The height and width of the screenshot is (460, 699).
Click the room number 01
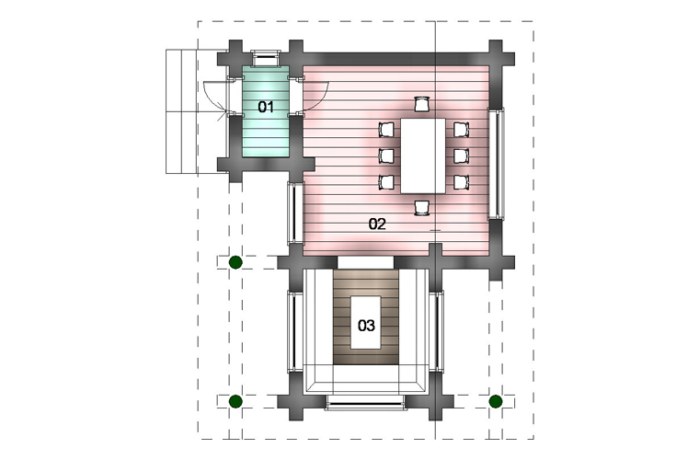click(266, 107)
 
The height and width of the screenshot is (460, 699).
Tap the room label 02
click(377, 224)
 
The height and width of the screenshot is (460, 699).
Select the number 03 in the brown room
click(366, 326)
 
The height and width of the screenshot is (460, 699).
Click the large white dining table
click(422, 155)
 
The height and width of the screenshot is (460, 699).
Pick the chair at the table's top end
click(421, 104)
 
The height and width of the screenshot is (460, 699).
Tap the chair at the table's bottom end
click(421, 208)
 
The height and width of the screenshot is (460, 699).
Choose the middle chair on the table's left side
click(386, 155)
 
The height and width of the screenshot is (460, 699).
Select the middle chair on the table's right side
click(461, 155)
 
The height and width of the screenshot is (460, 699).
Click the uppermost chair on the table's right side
click(461, 130)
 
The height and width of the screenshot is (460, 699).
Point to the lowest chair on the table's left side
click(386, 182)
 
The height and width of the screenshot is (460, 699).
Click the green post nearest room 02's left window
click(235, 262)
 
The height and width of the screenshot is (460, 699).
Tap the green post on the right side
click(495, 402)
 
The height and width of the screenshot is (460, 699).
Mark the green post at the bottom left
click(235, 402)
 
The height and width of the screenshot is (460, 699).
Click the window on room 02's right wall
click(497, 163)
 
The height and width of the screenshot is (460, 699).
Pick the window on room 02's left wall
click(294, 213)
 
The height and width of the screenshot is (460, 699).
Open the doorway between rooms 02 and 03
click(365, 262)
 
